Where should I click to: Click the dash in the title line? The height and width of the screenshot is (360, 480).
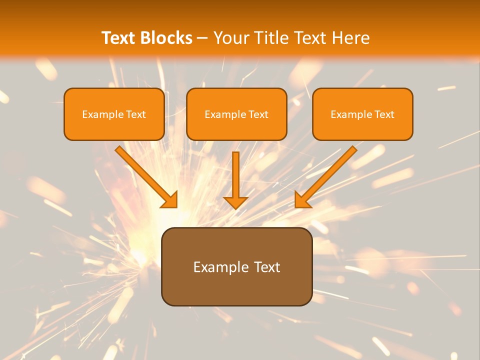[x=202, y=38]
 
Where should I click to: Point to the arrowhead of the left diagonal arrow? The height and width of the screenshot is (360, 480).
[x=170, y=200]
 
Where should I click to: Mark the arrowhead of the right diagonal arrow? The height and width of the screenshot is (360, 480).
[x=301, y=200]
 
